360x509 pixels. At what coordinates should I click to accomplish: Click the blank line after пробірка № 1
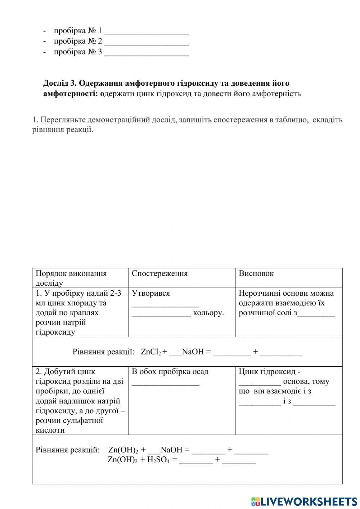point(147,32)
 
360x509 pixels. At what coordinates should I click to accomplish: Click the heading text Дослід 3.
point(59,83)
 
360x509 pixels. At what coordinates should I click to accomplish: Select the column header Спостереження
point(159,273)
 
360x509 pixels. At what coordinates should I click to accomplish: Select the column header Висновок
point(256,273)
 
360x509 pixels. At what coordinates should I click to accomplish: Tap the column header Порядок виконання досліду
point(71,278)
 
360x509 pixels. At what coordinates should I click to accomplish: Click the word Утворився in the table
point(150,293)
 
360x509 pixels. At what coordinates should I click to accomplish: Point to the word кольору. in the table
point(208,313)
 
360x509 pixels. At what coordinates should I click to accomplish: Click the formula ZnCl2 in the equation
point(150,352)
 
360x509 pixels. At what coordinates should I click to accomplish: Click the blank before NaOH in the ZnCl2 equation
point(175,353)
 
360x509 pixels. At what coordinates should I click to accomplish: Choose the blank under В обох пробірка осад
point(165,383)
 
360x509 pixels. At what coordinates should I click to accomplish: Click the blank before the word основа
point(260,383)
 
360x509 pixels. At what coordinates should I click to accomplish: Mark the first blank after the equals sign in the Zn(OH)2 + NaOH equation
point(208,451)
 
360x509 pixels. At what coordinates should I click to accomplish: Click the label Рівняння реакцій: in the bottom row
point(67,450)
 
